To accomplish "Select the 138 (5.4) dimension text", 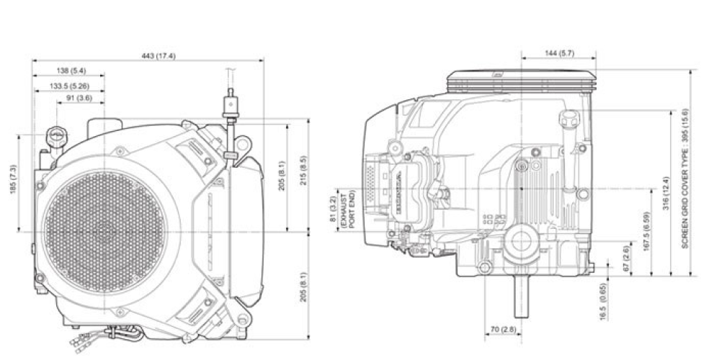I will pyautogui.click(x=71, y=71).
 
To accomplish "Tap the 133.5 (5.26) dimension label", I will pyautogui.click(x=71, y=86).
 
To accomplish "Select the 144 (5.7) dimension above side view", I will pyautogui.click(x=558, y=53).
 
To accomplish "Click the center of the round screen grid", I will pyautogui.click(x=105, y=230).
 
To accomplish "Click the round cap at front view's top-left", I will pyautogui.click(x=55, y=135).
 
